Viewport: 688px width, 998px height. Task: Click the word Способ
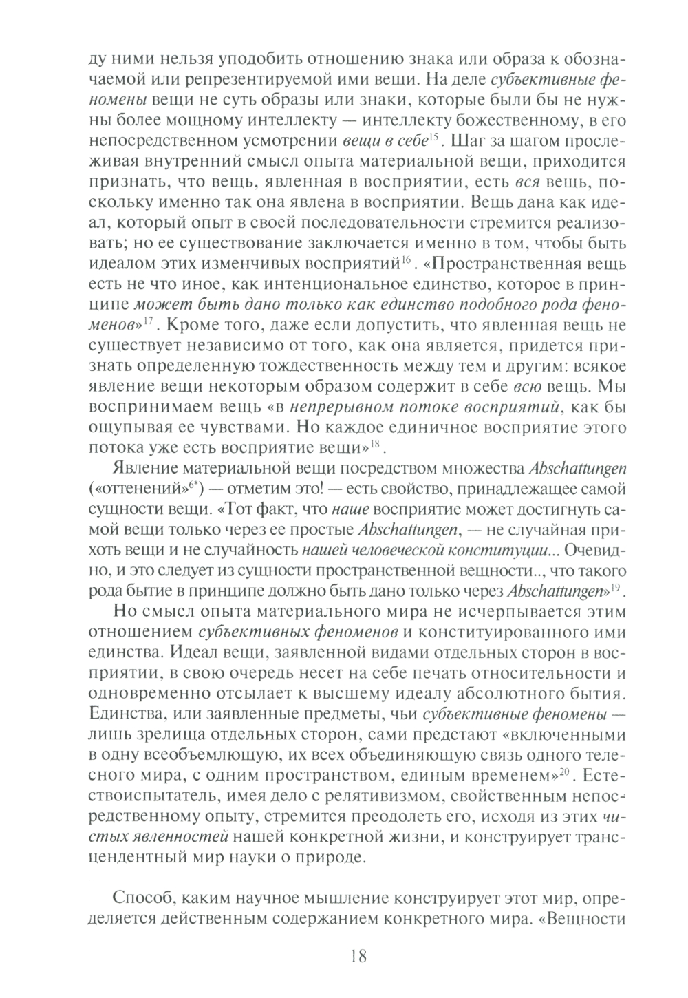pyautogui.click(x=141, y=900)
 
